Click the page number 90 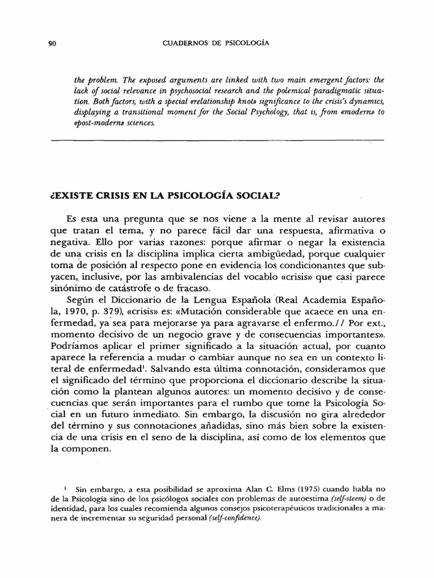pyautogui.click(x=54, y=43)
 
